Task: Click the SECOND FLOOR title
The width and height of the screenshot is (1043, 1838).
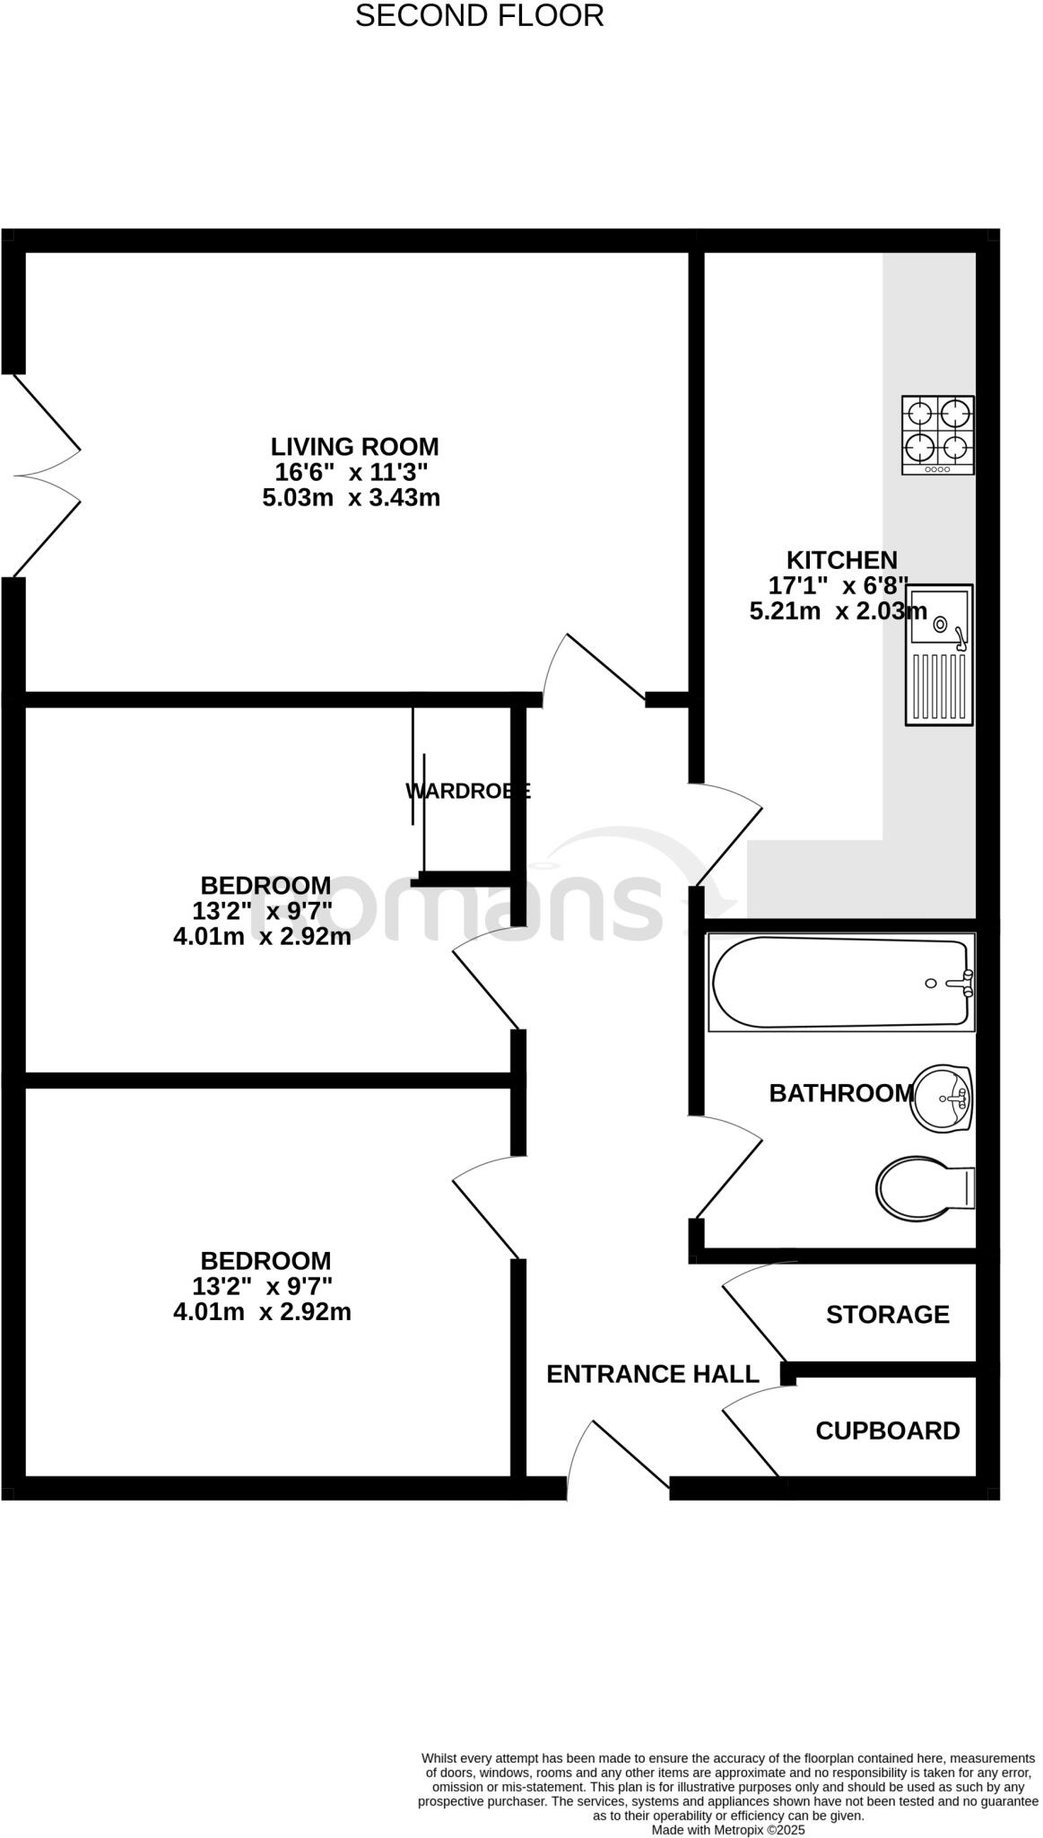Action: click(x=479, y=16)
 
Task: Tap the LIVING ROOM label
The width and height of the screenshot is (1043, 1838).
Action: click(x=355, y=446)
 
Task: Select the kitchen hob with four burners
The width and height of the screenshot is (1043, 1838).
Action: click(x=938, y=434)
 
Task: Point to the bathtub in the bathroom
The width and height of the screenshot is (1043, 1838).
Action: click(x=840, y=982)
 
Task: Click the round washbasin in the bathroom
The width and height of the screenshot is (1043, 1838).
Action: click(x=942, y=1097)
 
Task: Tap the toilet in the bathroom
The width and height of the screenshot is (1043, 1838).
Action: click(x=924, y=1187)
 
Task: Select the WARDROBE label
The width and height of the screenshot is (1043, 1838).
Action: click(x=467, y=791)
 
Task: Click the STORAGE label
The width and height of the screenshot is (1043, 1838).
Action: click(x=887, y=1315)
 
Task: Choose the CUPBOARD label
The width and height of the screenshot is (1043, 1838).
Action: click(x=887, y=1431)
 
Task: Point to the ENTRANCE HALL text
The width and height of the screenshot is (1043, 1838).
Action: click(x=652, y=1374)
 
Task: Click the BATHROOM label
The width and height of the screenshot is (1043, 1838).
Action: click(x=840, y=1093)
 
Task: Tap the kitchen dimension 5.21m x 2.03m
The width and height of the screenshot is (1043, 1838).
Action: click(x=838, y=612)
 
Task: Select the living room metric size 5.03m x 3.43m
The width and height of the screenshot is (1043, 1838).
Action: click(x=352, y=497)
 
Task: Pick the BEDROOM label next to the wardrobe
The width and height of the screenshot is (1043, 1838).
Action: click(x=265, y=885)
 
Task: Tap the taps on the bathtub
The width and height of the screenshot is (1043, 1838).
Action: click(x=964, y=983)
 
